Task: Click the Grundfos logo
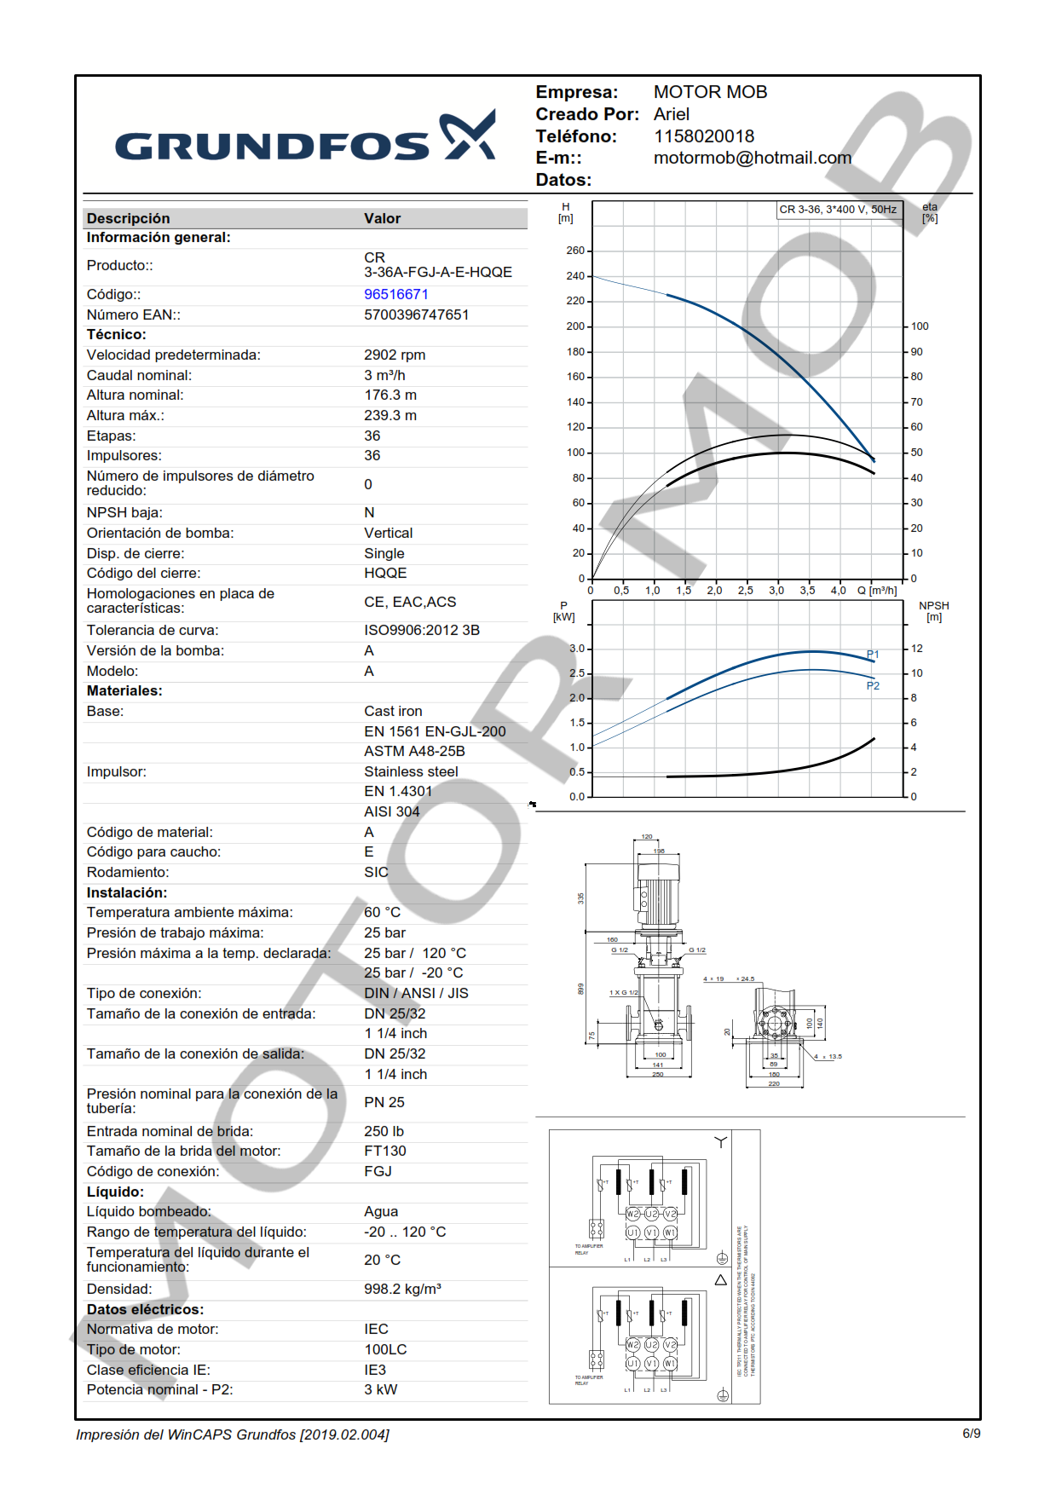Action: coord(304,138)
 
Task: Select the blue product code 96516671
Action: coord(396,294)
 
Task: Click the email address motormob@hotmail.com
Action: coord(752,158)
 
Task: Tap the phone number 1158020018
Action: coord(703,136)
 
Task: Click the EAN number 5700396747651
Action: coord(416,315)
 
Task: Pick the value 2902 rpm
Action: coord(395,355)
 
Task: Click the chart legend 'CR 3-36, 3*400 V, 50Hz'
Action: coord(838,210)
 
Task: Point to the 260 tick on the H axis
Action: coord(575,251)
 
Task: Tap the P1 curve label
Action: coord(873,655)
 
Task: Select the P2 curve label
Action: coord(873,686)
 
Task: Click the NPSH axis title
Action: coord(933,611)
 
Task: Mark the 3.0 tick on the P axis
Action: coord(577,649)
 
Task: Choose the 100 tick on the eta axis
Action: coord(920,326)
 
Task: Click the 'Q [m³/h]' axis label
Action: coord(877,591)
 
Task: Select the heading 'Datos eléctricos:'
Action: coord(145,1309)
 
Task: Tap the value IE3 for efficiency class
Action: coord(375,1370)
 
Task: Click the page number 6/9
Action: coord(971,1434)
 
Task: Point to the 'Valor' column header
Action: coord(382,218)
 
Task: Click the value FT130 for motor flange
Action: coord(385,1151)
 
